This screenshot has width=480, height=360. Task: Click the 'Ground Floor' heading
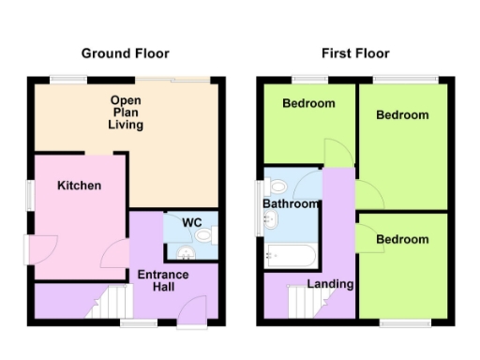[x=125, y=53]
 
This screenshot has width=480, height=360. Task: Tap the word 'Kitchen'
[x=80, y=186]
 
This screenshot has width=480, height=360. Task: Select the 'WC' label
[x=191, y=222]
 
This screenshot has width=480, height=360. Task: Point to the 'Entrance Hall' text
[x=163, y=281]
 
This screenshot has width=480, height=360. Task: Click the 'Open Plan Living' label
[x=126, y=112]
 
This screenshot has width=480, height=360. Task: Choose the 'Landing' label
[x=331, y=284]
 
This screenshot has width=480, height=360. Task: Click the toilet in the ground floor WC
[x=207, y=238]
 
